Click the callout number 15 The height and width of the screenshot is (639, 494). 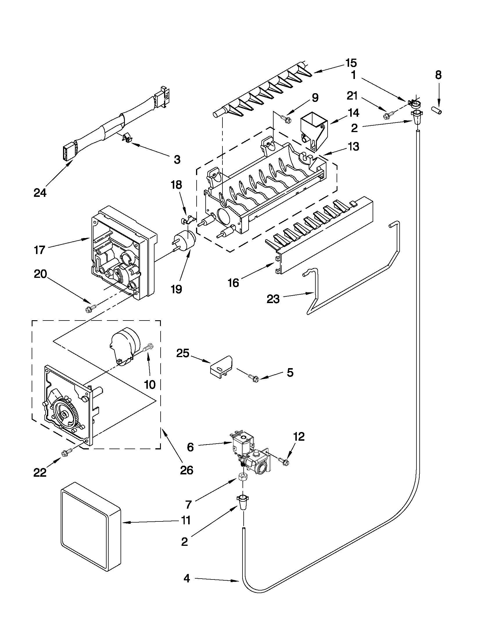pos(351,63)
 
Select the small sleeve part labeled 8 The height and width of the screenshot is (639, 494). pos(436,110)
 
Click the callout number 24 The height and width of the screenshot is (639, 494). pos(40,193)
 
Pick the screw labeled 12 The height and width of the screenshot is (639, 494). pos(283,461)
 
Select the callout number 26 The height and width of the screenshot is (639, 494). pos(186,470)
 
